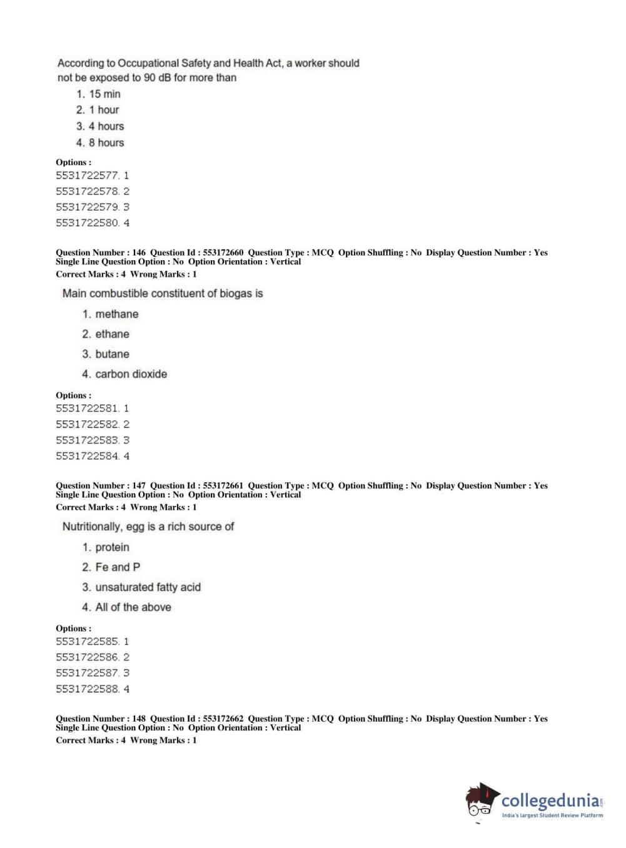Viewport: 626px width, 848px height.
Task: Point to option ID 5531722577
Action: coord(87,176)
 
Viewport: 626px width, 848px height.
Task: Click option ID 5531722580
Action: coord(87,223)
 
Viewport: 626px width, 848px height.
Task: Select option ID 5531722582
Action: coord(87,425)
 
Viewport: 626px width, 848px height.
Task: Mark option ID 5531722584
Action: coord(87,457)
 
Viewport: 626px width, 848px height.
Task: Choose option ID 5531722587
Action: coord(87,674)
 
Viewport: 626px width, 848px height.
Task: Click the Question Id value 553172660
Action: coord(223,253)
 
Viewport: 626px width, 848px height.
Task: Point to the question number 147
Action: coord(139,486)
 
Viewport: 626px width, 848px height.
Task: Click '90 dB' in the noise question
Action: coord(157,78)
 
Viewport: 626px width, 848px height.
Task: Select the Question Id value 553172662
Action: coord(223,719)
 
